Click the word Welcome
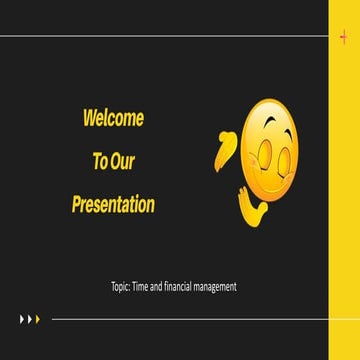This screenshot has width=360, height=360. (113, 119)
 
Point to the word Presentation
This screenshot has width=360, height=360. (113, 205)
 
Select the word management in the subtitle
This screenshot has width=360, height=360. (219, 287)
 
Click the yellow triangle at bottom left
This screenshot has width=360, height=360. (38, 320)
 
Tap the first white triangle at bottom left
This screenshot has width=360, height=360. (22, 320)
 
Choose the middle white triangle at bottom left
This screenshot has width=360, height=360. (30, 320)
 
